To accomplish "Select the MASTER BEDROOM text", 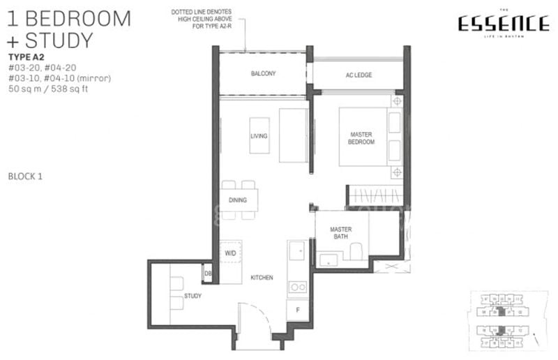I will pos(362,137).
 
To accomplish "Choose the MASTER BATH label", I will pos(340,233).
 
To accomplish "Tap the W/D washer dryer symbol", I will pos(231,253).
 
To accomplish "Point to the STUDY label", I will pos(193,297).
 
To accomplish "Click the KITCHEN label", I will pos(262,278).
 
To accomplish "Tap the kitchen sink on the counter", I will pos(296,250).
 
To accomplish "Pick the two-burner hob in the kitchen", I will pos(297,286).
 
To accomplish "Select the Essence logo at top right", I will pos(502,25).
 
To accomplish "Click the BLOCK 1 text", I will pos(26,177).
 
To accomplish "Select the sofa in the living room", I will pos(293,135).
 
